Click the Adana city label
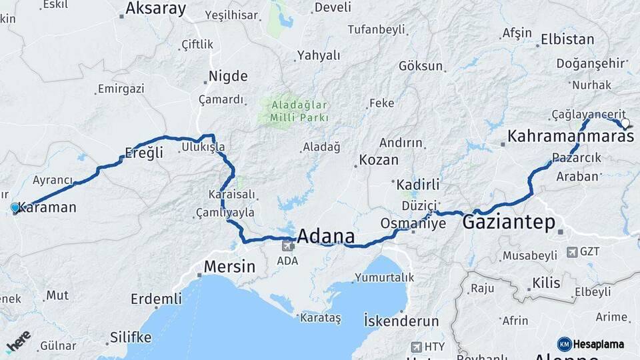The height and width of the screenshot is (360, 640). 326,237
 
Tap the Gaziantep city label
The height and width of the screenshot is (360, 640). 509,223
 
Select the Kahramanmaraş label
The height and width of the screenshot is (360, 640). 570,137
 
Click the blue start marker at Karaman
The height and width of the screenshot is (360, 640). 15,208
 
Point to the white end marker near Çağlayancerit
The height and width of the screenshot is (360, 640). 625,123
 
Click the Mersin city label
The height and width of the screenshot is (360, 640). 229,267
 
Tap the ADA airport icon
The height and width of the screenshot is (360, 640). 288,245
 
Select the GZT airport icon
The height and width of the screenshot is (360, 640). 572,252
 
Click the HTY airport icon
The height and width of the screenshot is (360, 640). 417,347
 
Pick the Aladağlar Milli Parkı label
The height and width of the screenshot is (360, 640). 299,111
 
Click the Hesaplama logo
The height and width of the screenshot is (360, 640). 591,344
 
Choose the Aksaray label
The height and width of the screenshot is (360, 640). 156,9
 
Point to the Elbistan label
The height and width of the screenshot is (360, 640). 567,39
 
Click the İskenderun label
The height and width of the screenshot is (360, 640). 401,321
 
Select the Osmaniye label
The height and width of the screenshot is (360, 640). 413,223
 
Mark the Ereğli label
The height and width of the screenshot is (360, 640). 144,153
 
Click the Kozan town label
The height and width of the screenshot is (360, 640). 379,160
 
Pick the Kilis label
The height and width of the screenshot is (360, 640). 547,283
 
